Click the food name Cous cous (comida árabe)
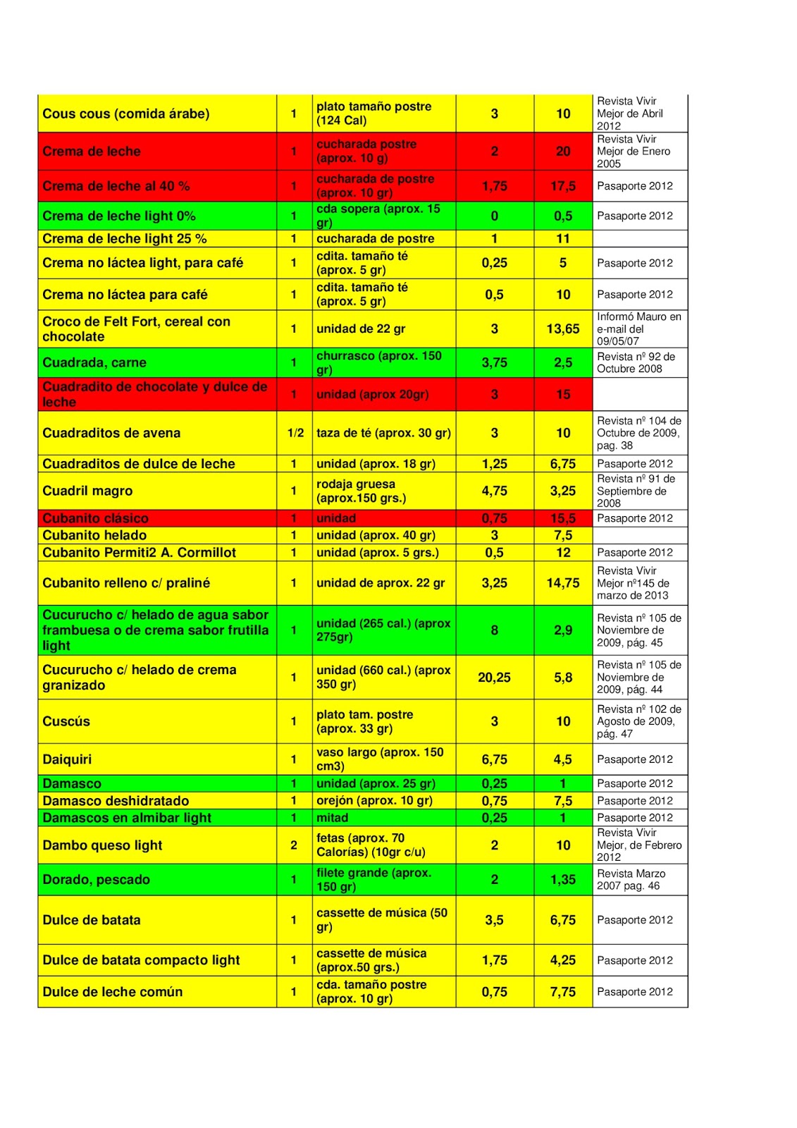coord(125,114)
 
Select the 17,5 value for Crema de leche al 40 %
coord(562,186)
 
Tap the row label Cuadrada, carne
coord(94,362)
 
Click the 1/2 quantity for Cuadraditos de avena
coord(295,433)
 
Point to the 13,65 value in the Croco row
coord(562,329)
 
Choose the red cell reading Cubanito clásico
coord(95,518)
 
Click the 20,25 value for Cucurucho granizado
coord(494,678)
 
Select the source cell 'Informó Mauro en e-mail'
coord(638,329)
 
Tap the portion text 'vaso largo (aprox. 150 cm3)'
coord(380,759)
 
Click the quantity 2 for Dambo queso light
coord(294,845)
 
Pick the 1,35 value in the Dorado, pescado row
coord(562,879)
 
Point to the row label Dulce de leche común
coord(112,992)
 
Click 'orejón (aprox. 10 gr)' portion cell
coord(374,800)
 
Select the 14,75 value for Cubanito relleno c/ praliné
coord(562,583)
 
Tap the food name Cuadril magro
coord(87,491)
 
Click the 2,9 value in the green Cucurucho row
coord(562,630)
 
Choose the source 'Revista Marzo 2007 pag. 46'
coord(631,879)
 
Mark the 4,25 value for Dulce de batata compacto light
coord(562,960)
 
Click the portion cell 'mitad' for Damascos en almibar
coord(333,818)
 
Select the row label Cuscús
coord(66,721)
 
